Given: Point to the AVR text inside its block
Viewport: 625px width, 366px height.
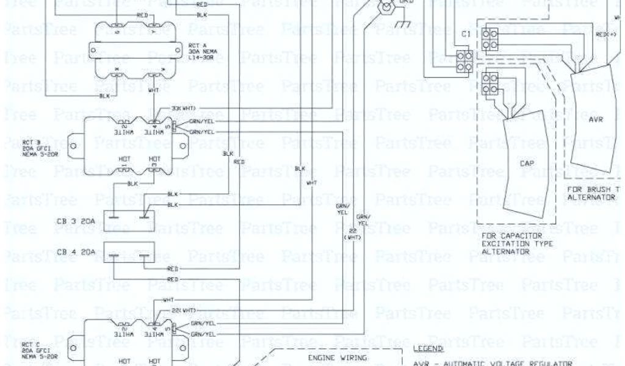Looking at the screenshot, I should click(595, 120).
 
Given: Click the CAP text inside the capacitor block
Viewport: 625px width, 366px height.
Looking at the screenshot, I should click(525, 163).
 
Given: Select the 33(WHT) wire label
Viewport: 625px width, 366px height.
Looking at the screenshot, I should click(184, 108).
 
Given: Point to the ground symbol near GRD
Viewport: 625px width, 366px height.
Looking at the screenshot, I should click(402, 25).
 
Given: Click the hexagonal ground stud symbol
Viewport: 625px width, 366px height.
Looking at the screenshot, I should click(385, 7).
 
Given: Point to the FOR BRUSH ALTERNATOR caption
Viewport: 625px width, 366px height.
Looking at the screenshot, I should click(595, 193).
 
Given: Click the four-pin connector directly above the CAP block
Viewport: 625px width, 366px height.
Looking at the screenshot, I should click(489, 84).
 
